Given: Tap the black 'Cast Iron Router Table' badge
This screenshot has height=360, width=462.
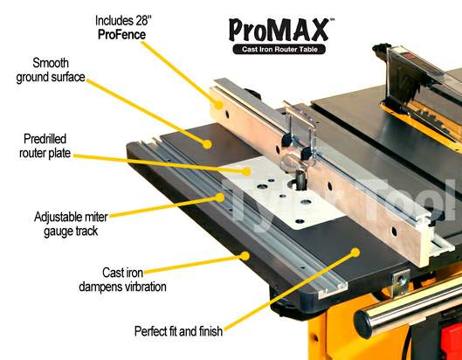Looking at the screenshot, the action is [279, 49].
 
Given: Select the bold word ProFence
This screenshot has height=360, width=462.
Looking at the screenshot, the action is [121, 34].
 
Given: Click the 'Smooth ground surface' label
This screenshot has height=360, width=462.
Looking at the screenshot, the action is [51, 70].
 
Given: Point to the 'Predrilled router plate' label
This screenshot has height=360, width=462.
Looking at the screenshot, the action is [45, 146].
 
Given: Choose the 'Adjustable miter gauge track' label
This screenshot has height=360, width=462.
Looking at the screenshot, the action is [71, 224].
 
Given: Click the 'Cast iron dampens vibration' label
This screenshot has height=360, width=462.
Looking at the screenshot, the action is [122, 280].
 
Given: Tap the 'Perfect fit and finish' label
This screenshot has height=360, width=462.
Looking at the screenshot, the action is [178, 331].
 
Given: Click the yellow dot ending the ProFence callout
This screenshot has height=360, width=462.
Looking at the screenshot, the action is [218, 104].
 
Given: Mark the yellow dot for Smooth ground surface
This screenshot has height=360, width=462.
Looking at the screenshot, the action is [207, 144].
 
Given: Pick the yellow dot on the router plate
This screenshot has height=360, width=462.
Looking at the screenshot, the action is [246, 171].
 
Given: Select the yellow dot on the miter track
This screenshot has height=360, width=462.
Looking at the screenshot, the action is [219, 197].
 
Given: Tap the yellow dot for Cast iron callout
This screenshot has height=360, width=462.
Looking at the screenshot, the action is [245, 256].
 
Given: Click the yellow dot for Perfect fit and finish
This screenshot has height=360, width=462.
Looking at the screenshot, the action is [355, 253].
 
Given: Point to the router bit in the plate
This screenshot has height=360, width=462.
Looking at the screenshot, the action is [301, 180].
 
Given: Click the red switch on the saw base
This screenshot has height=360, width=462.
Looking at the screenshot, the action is [452, 342].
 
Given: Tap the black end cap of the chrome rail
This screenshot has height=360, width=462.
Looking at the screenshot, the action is [363, 324].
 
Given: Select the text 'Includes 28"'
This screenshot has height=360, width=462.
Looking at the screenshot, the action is [123, 21].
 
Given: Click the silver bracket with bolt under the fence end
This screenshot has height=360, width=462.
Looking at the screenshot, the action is [401, 281].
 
